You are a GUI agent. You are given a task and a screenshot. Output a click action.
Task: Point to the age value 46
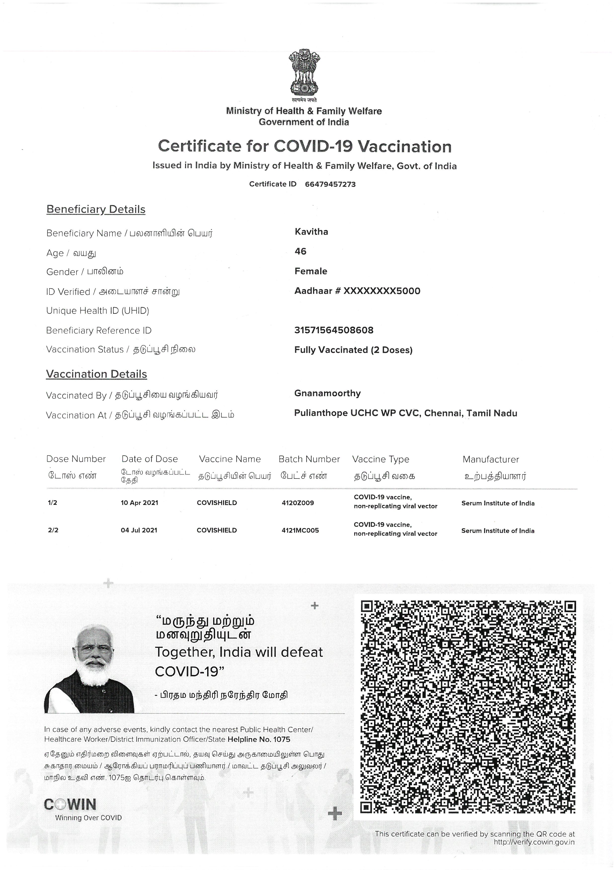(x=300, y=251)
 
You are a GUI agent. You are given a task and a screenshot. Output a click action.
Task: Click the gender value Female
(x=311, y=271)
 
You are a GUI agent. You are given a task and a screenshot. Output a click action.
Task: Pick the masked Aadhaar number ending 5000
(x=357, y=291)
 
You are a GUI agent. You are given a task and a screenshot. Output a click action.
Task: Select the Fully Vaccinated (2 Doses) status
(x=353, y=350)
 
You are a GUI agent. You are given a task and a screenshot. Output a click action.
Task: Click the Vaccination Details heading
(x=96, y=374)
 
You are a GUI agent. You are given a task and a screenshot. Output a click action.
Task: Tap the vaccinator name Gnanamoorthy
(x=327, y=393)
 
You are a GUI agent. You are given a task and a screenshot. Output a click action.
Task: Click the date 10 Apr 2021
(x=139, y=503)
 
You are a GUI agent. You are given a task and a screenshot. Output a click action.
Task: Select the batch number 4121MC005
(x=300, y=530)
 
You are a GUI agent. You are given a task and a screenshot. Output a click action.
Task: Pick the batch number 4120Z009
(x=298, y=503)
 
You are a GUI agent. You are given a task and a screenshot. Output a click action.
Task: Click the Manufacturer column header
(x=491, y=460)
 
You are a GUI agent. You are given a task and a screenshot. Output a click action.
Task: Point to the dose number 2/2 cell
(x=53, y=530)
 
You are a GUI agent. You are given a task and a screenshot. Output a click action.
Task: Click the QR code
(x=468, y=707)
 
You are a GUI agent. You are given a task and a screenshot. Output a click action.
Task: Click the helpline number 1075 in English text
(x=282, y=739)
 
